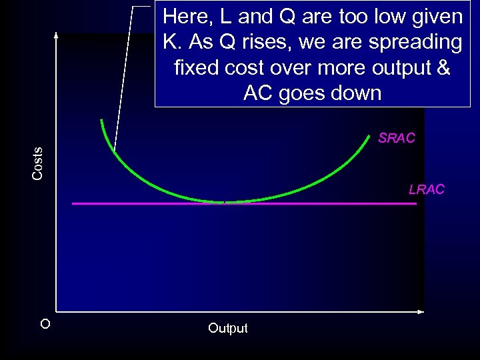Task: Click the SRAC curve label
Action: pyautogui.click(x=396, y=139)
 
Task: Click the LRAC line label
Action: pyautogui.click(x=426, y=190)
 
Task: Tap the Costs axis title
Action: pyautogui.click(x=38, y=163)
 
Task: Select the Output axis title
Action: pyautogui.click(x=227, y=328)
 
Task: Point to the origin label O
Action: pyautogui.click(x=45, y=325)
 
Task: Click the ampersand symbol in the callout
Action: pyautogui.click(x=443, y=67)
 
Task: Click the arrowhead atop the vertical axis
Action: pyautogui.click(x=57, y=35)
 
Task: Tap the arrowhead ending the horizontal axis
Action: pyautogui.click(x=421, y=311)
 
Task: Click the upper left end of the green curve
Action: pyautogui.click(x=101, y=121)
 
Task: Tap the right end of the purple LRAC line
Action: pyautogui.click(x=415, y=203)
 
